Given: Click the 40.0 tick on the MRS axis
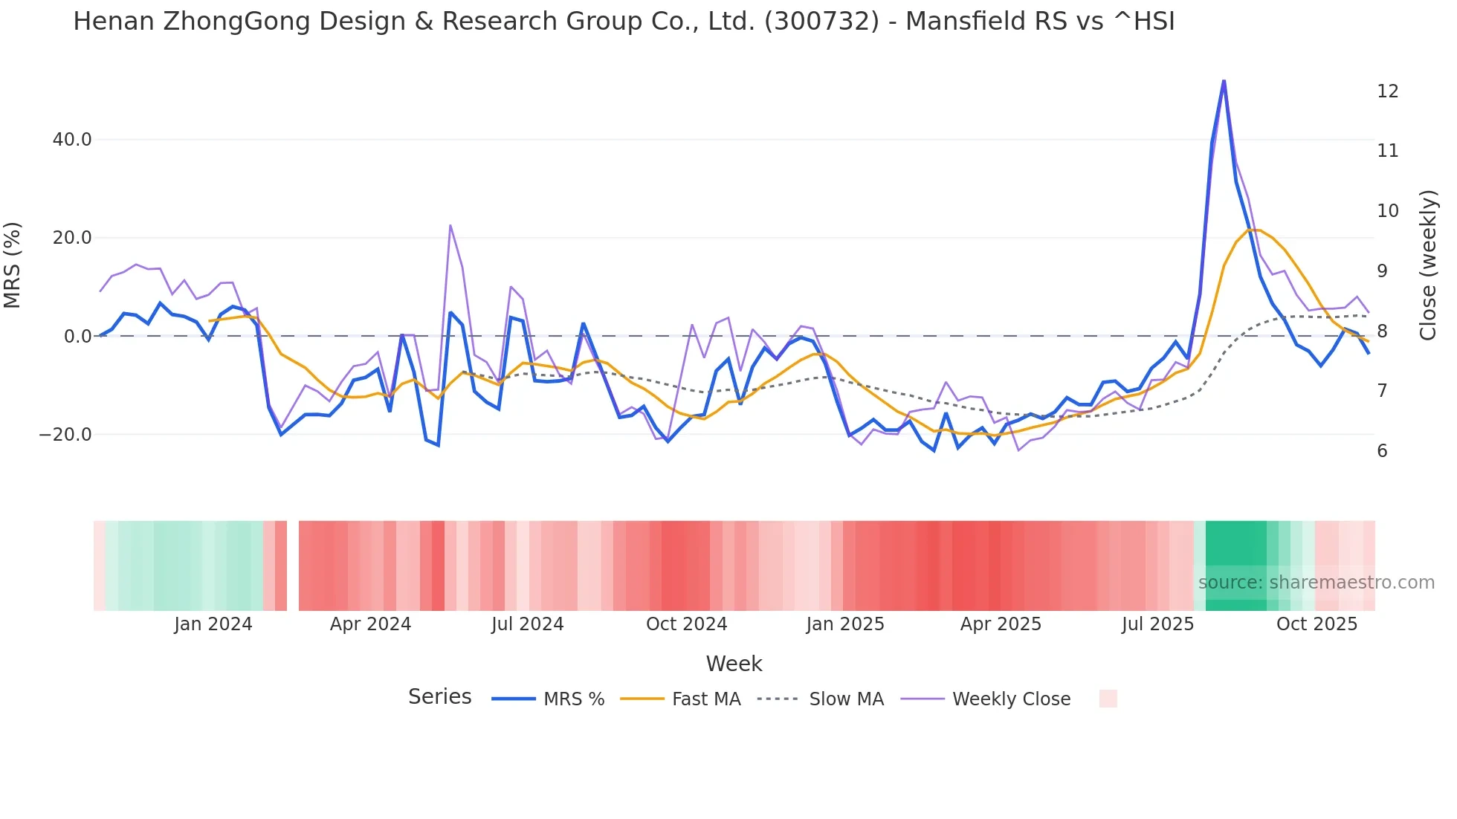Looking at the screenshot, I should pos(72,140).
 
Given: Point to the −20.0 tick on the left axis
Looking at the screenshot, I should pos(66,435).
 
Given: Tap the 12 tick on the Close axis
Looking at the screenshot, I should pos(1387,91).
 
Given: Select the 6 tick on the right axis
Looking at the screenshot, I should pos(1382,451).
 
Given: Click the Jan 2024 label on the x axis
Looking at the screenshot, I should pos(213,624).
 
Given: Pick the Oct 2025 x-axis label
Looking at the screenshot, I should pos(1317,624).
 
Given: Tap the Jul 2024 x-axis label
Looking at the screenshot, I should pos(527,624).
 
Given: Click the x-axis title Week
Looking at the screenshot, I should pos(734,664).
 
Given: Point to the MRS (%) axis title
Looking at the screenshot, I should pos(13,265).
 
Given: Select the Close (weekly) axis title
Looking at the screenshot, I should pos(1427,265).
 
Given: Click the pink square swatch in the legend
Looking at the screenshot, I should pos(1108,699).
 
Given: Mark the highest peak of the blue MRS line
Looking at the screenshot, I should pos(1224,81).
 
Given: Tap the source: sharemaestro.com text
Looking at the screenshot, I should pos(1316,583).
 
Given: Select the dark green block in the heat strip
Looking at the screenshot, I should pos(1235,566).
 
